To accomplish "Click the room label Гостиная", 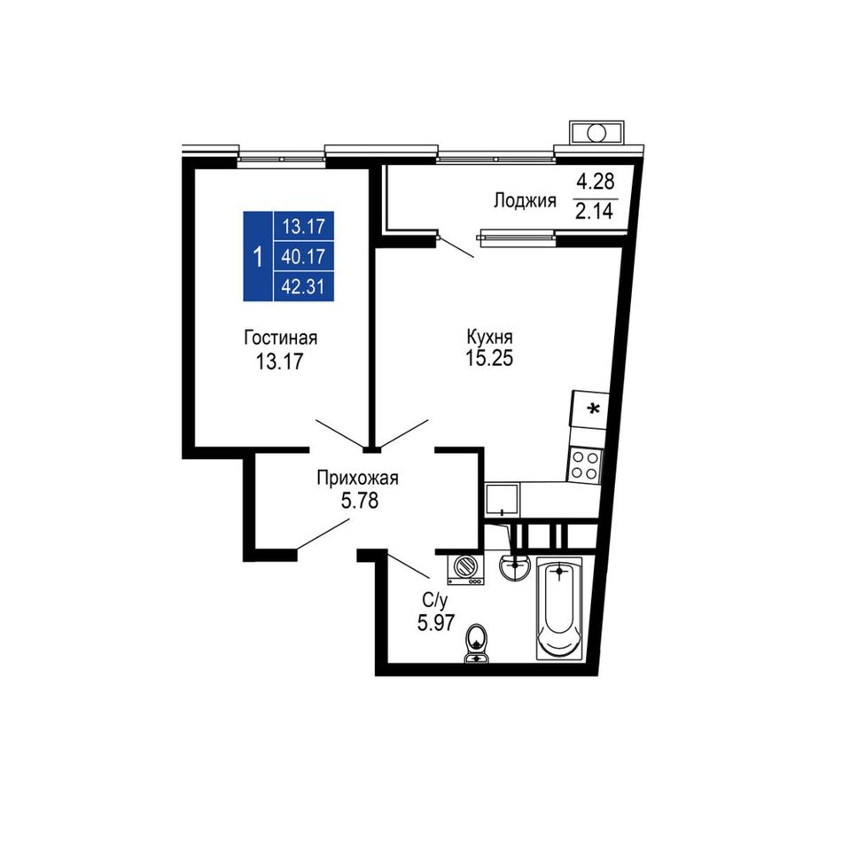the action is pyautogui.click(x=280, y=338).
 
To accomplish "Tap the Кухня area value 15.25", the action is pyautogui.click(x=488, y=358).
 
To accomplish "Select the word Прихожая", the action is pyautogui.click(x=357, y=478).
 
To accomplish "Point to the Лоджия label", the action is pyautogui.click(x=525, y=201).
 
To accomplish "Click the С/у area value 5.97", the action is pyautogui.click(x=436, y=623).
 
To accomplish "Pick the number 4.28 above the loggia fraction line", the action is pyautogui.click(x=595, y=182).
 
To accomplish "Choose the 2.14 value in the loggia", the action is pyautogui.click(x=594, y=211).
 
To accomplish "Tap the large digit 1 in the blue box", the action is pyautogui.click(x=258, y=256).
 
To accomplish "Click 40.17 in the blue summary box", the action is pyautogui.click(x=303, y=257).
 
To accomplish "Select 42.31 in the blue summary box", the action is pyautogui.click(x=303, y=287).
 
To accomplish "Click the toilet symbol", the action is pyautogui.click(x=476, y=643).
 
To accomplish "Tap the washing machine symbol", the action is pyautogui.click(x=465, y=570).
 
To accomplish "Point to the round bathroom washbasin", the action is pyautogui.click(x=514, y=567).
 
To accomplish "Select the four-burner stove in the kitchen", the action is pyautogui.click(x=584, y=465).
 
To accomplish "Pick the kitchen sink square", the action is pyautogui.click(x=502, y=500).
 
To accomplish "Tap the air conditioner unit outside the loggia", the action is pyautogui.click(x=597, y=132).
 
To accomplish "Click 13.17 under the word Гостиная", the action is pyautogui.click(x=279, y=362).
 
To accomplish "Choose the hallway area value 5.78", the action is pyautogui.click(x=360, y=501).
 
